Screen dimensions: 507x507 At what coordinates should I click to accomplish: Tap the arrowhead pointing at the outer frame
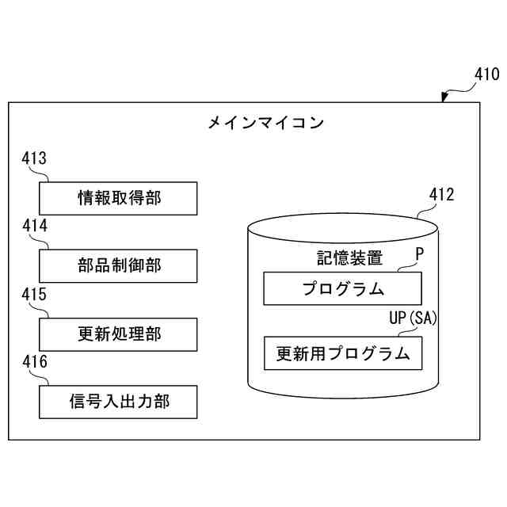click(444, 98)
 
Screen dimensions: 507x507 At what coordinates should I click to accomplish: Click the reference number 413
click(34, 158)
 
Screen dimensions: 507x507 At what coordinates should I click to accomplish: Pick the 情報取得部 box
click(118, 198)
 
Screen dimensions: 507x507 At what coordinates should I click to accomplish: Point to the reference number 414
click(34, 226)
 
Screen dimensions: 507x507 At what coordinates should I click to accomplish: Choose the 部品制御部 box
click(118, 265)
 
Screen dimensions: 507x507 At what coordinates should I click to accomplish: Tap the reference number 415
click(34, 295)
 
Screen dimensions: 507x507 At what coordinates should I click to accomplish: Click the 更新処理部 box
click(118, 334)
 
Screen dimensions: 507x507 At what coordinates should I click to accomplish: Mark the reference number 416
click(34, 363)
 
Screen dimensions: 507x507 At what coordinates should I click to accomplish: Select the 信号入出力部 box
click(118, 402)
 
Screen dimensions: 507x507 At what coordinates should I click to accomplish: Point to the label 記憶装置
click(349, 257)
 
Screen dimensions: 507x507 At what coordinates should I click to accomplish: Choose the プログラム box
click(342, 288)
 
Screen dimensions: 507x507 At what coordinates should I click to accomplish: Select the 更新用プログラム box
click(342, 353)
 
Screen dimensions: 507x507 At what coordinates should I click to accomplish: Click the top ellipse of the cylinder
click(342, 226)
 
